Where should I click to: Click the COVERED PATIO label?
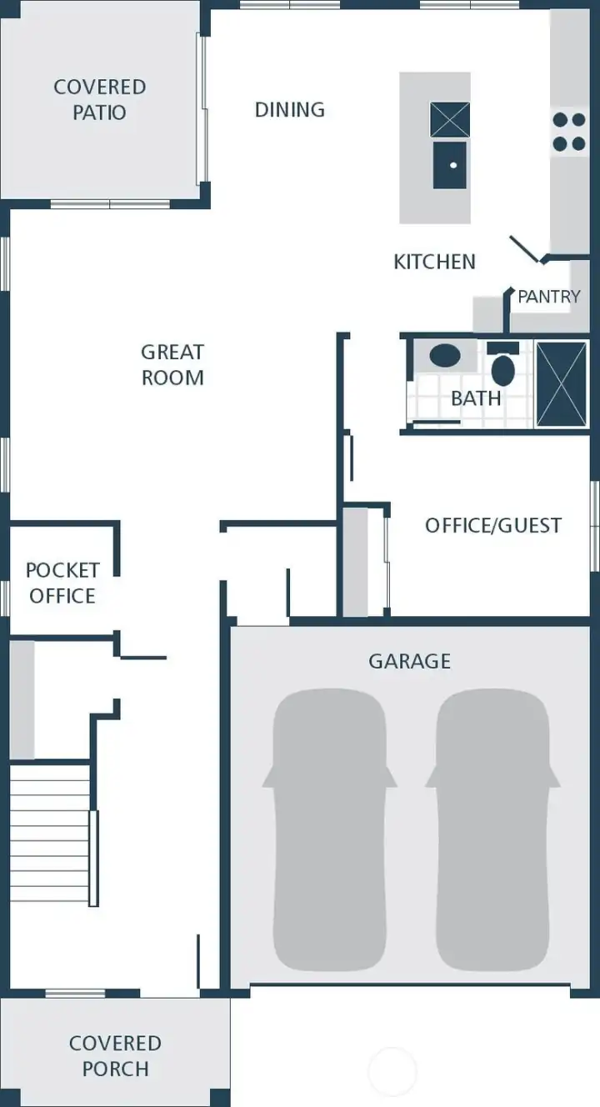point(100,99)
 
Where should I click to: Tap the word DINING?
point(290,109)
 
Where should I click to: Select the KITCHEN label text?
point(434,262)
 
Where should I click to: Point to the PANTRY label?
point(548,296)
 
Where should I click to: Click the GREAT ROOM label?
point(172,365)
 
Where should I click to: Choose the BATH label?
point(476,398)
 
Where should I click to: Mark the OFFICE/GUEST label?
point(493,525)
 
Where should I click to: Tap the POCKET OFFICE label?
point(62,583)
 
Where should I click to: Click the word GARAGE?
point(410,661)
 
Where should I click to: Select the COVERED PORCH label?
point(115,1055)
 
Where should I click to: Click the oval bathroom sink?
point(445,357)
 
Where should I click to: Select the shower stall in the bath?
point(562,383)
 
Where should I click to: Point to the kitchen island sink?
point(450,165)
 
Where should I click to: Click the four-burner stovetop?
point(569,132)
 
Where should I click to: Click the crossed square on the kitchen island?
point(450,119)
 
